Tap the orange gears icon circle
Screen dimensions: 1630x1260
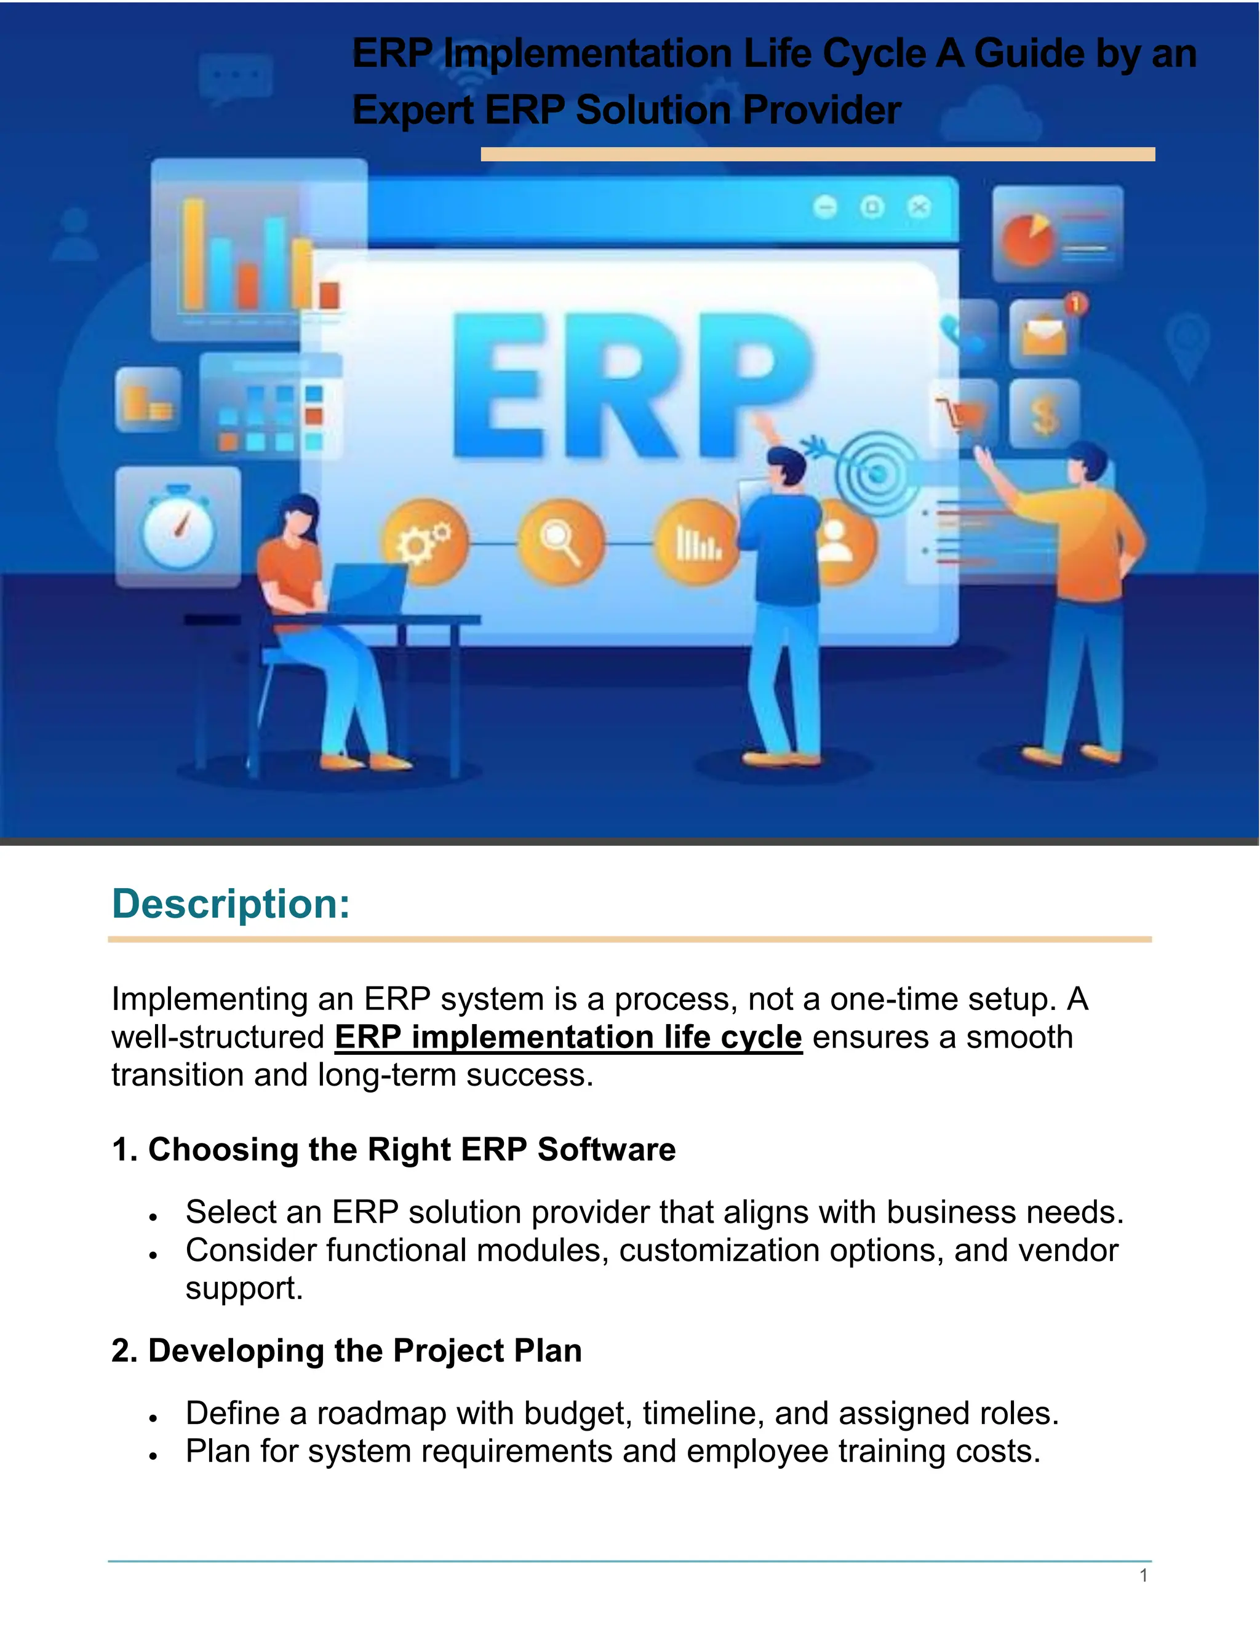tap(426, 541)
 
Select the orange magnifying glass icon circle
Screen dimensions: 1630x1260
tap(561, 541)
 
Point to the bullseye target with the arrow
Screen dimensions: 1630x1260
tap(875, 472)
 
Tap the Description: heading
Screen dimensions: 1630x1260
tap(231, 904)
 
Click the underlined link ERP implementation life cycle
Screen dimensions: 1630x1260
tap(568, 1038)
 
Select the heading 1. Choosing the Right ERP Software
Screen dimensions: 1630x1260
tap(393, 1150)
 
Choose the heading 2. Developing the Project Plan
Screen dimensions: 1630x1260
tap(346, 1351)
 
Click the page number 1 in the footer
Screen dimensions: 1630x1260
tap(1143, 1575)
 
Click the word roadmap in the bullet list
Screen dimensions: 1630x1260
tap(381, 1413)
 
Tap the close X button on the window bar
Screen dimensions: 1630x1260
tap(920, 206)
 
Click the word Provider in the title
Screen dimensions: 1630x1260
tap(822, 111)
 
